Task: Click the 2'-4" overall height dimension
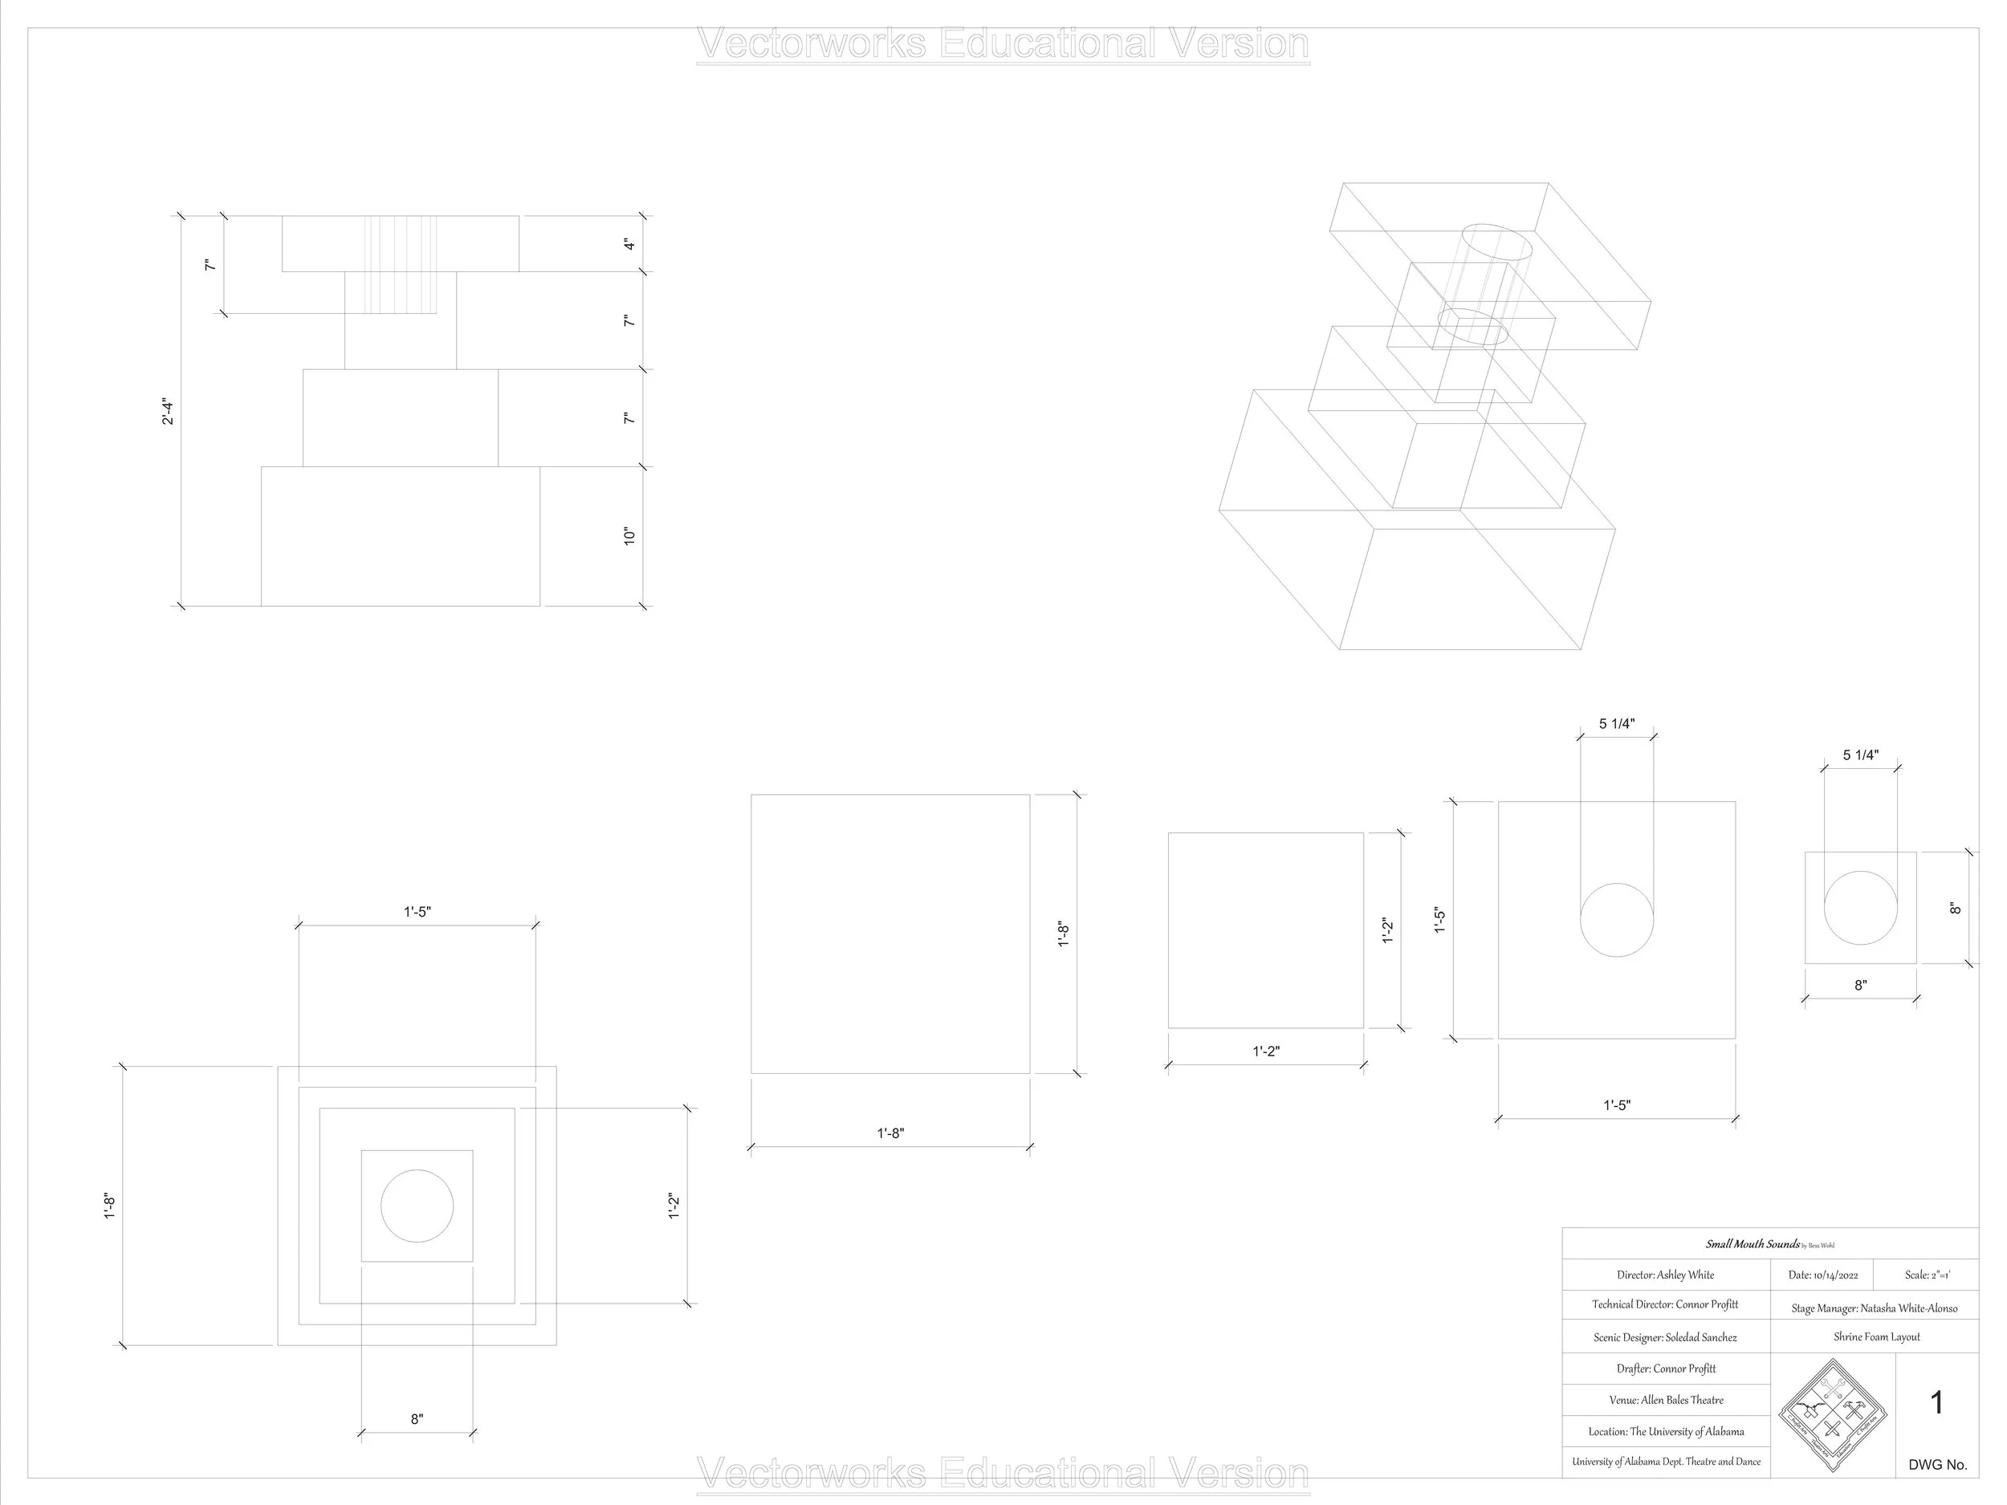pyautogui.click(x=168, y=412)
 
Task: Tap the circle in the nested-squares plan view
pyautogui.click(x=417, y=1206)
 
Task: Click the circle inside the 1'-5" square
pyautogui.click(x=1617, y=920)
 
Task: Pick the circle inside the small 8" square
pyautogui.click(x=1860, y=908)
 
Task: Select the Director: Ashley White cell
pyautogui.click(x=1665, y=1275)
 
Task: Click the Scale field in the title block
pyautogui.click(x=1928, y=1275)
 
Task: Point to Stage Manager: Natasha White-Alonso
pyautogui.click(x=1874, y=1308)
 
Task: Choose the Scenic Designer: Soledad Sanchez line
pyautogui.click(x=1665, y=1337)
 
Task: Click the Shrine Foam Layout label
pyautogui.click(x=1876, y=1336)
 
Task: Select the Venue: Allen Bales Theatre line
pyautogui.click(x=1666, y=1400)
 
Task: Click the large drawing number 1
pyautogui.click(x=1936, y=1403)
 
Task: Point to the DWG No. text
pyautogui.click(x=1937, y=1464)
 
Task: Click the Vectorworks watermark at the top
pyautogui.click(x=1003, y=43)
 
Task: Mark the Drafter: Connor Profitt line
pyautogui.click(x=1666, y=1368)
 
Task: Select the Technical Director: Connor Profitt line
pyautogui.click(x=1665, y=1304)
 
